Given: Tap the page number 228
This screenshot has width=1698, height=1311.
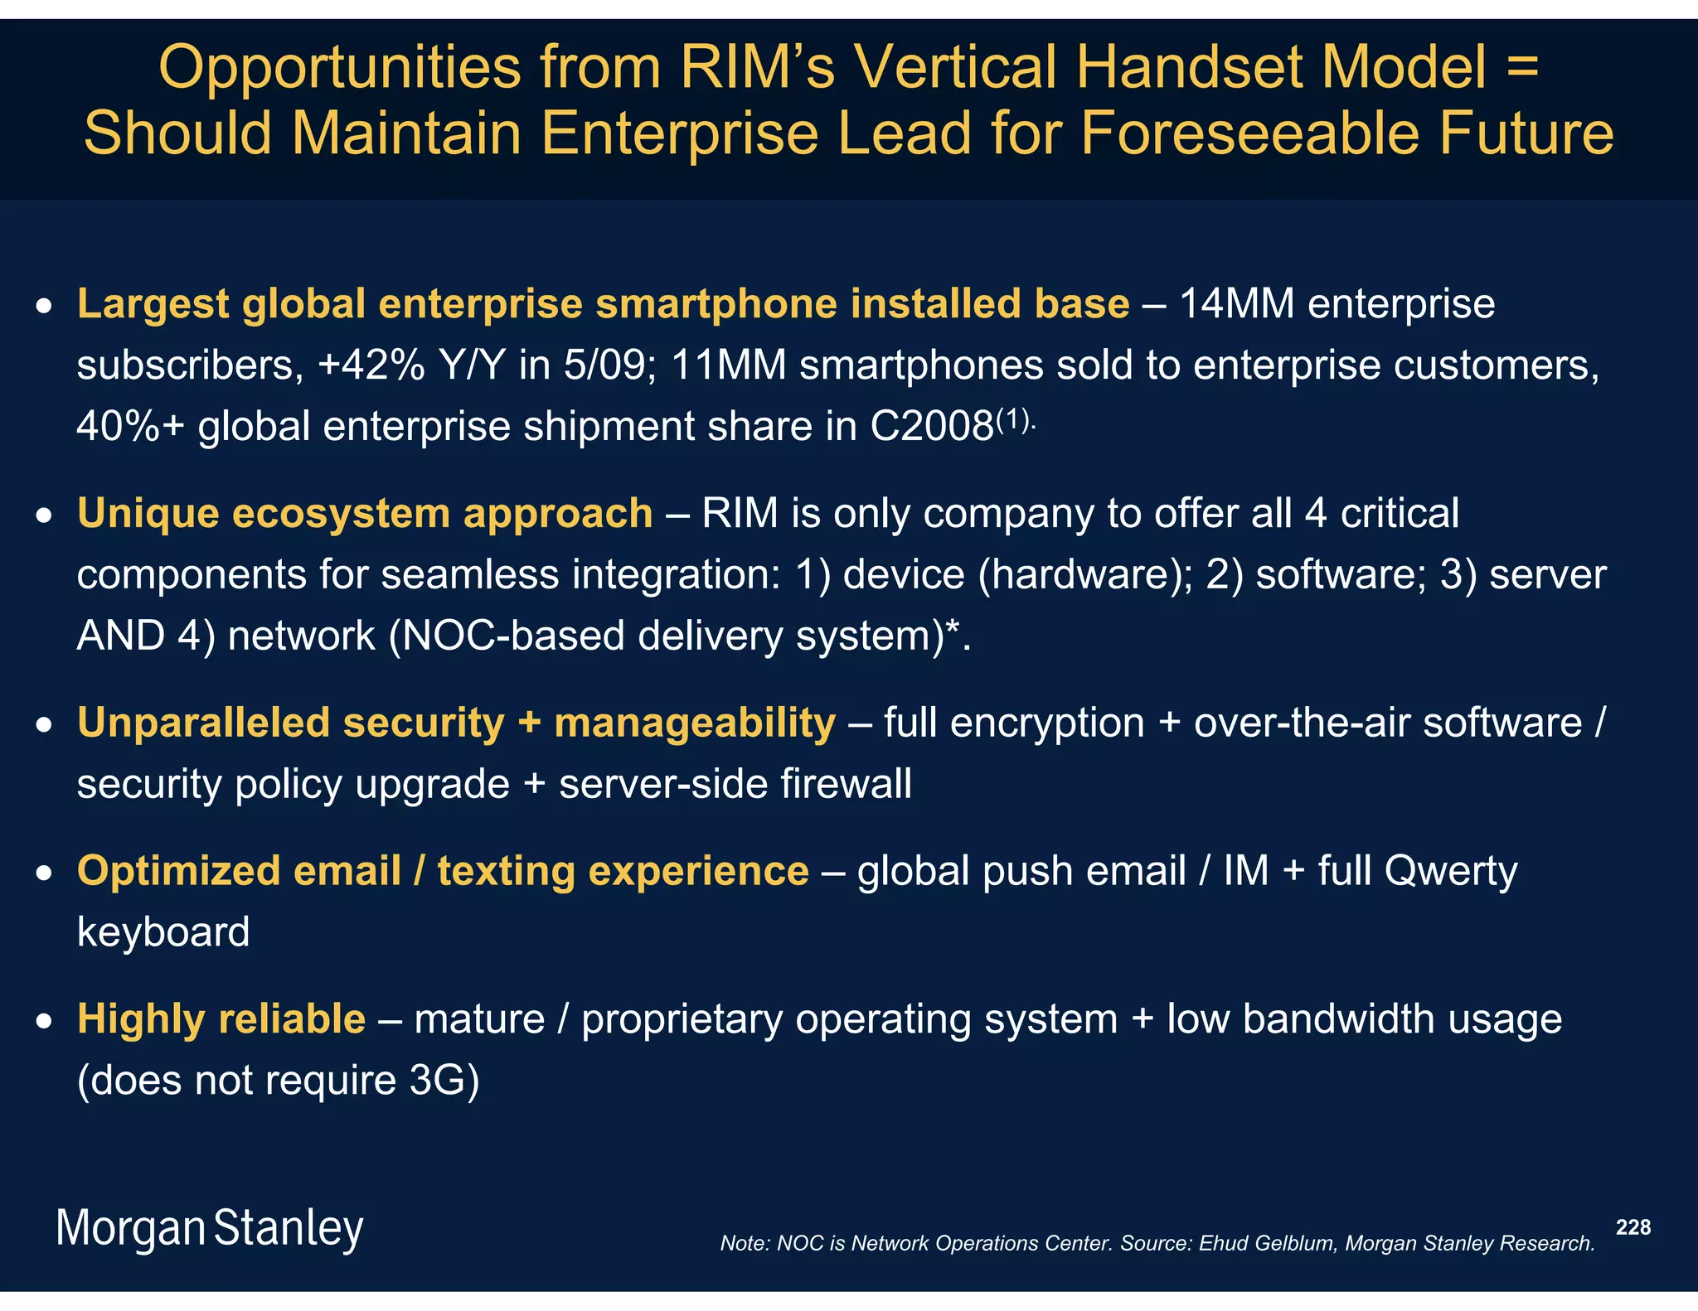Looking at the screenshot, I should tap(1633, 1227).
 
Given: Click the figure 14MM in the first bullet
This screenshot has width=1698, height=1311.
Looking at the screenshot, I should tap(1235, 303).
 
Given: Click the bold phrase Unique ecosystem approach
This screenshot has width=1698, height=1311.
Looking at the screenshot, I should tap(365, 514).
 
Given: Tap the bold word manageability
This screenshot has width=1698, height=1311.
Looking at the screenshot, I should tap(695, 723).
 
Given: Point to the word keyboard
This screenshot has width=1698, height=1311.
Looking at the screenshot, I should tap(163, 932).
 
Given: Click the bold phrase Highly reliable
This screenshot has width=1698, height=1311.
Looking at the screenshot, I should tap(221, 1019).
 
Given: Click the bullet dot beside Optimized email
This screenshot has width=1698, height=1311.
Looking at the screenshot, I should tap(44, 873).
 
